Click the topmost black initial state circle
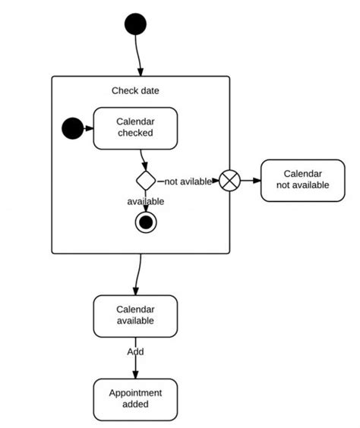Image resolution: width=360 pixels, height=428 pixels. (134, 24)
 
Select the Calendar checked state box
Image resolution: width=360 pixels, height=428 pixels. (135, 127)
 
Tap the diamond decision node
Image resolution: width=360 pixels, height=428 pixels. (146, 181)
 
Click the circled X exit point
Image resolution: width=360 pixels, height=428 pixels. (229, 181)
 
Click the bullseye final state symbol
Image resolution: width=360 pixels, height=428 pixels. (146, 222)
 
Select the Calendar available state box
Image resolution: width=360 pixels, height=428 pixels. (135, 315)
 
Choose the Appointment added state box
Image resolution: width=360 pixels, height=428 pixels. (135, 398)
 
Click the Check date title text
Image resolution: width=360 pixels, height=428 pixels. (135, 91)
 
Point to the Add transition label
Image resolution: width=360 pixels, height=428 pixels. (135, 351)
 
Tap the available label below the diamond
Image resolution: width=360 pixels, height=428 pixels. (146, 201)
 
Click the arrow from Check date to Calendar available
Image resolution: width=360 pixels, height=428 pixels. (138, 274)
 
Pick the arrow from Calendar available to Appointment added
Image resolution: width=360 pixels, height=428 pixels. (136, 366)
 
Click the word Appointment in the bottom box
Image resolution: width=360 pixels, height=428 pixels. (135, 392)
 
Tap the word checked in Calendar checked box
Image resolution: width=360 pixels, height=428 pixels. (135, 134)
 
